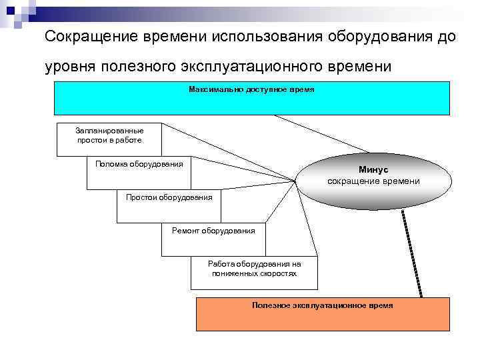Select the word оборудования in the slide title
click(381, 37)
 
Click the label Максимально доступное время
click(251, 89)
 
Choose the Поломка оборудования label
click(139, 164)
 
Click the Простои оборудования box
click(169, 197)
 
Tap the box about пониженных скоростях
click(254, 269)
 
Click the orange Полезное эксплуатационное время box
click(323, 313)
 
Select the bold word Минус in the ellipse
click(373, 171)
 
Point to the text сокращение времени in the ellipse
click(373, 181)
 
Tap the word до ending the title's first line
click(447, 37)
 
